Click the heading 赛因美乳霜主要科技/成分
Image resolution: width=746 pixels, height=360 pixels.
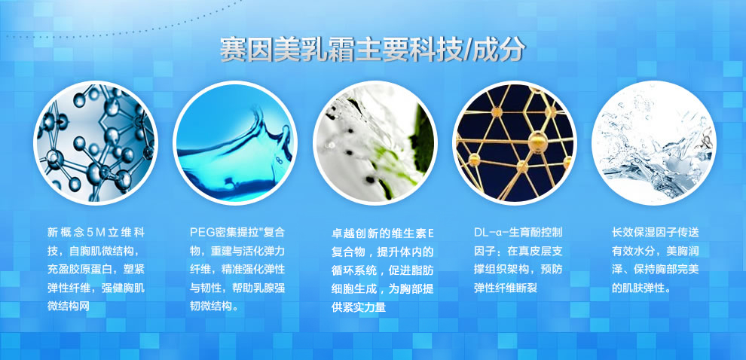[x=372, y=48]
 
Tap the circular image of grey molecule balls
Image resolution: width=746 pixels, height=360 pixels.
[x=95, y=142]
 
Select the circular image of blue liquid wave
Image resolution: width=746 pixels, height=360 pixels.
[x=235, y=142]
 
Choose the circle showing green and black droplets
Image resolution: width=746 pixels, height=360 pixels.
[x=375, y=142]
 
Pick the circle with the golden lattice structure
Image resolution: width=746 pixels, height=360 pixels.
[x=515, y=142]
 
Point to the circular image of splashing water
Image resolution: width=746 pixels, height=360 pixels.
[x=654, y=142]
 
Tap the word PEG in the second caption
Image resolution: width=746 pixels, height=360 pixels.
[x=199, y=233]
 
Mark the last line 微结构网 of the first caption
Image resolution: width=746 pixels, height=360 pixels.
[x=69, y=307]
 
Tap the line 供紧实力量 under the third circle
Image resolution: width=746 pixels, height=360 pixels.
[x=358, y=308]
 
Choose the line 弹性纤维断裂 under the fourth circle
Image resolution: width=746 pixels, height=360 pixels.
[x=506, y=288]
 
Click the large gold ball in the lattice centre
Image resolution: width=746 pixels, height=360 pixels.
[x=536, y=140]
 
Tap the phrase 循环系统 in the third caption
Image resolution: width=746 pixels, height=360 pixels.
[x=353, y=270]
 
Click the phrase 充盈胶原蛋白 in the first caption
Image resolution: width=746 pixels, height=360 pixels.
[x=80, y=270]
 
